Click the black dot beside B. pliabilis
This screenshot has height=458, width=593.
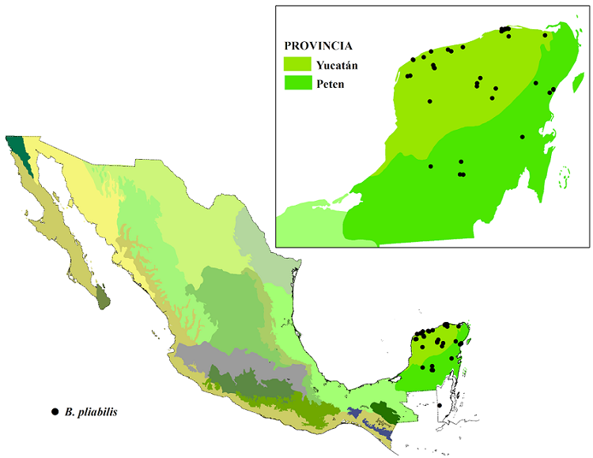coord(55,411)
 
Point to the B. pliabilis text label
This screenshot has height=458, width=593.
coord(93,411)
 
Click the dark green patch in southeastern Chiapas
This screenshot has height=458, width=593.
coord(386,412)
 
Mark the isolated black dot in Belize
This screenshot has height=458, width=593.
coord(440,406)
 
